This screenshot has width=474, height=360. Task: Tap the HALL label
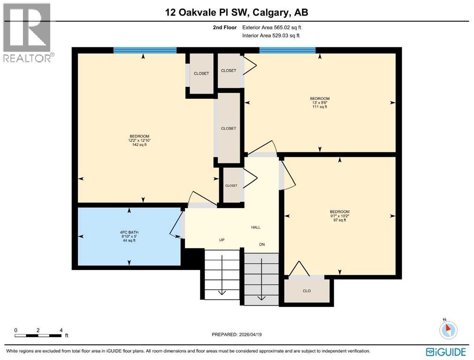255,227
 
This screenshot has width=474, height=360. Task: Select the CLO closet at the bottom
307,291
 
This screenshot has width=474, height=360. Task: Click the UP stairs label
222,240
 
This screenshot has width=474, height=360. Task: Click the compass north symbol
448,330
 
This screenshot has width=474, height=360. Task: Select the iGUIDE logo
445,352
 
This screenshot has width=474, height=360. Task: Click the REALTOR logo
27,33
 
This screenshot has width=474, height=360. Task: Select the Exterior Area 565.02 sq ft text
271,28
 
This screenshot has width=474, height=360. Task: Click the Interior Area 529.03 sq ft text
271,36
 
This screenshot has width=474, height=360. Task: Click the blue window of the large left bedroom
145,50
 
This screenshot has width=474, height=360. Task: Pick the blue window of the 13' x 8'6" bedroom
287,50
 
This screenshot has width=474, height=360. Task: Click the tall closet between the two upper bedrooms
229,128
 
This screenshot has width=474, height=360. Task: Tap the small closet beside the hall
231,186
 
